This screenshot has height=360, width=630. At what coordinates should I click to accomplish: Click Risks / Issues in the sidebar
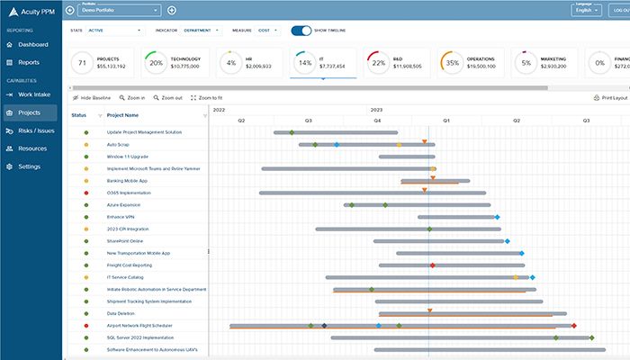click(x=35, y=130)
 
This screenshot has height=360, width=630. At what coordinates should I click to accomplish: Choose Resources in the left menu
click(x=32, y=148)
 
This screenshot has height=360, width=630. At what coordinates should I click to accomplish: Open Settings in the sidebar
click(x=29, y=166)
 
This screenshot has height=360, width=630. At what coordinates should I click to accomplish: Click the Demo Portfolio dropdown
click(x=119, y=10)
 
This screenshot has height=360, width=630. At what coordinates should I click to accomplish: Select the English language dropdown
click(x=585, y=10)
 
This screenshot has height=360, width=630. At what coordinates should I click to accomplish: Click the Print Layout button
click(x=609, y=97)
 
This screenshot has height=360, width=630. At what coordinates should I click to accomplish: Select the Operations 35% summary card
click(x=472, y=64)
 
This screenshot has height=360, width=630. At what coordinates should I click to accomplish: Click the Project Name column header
click(x=122, y=115)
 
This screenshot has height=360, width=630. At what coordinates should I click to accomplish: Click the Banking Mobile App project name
click(x=129, y=181)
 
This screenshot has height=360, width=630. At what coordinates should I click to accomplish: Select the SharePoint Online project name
click(x=125, y=241)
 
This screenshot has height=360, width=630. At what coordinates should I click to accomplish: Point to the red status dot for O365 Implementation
click(x=85, y=193)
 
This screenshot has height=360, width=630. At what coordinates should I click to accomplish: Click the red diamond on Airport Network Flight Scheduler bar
click(x=574, y=326)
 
